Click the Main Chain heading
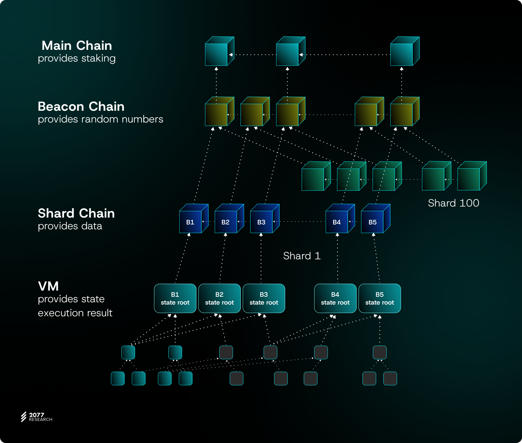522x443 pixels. point(77,46)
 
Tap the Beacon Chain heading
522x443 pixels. point(81,107)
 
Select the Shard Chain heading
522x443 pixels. point(76,213)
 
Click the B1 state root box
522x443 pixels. point(175,298)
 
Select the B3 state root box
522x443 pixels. point(264,298)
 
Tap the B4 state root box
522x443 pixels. point(335,298)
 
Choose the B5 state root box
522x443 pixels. point(380,298)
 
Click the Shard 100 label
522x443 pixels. point(453,203)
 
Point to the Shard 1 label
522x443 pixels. point(302,256)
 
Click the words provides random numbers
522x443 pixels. point(100,119)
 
